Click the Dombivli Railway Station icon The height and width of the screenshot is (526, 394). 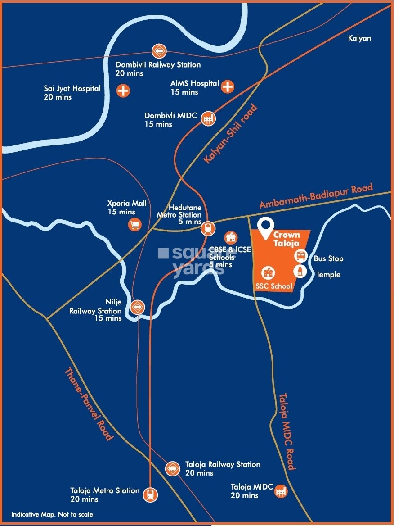(x=158, y=51)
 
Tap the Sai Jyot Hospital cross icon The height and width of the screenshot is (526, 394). (x=123, y=91)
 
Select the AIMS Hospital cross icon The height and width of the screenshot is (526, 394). (x=228, y=86)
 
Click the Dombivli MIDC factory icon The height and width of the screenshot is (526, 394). (x=208, y=118)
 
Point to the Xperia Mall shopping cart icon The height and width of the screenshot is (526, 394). (x=134, y=224)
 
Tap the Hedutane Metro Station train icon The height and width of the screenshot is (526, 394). (x=207, y=228)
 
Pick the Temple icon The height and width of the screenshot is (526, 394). (x=300, y=271)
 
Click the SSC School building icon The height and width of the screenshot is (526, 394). (x=268, y=273)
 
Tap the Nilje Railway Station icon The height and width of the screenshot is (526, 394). (x=137, y=307)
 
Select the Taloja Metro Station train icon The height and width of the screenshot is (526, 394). (x=150, y=494)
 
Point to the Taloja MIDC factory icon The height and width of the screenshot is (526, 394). (x=281, y=491)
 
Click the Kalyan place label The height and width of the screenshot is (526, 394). (x=359, y=38)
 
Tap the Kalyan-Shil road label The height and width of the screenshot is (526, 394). (x=230, y=134)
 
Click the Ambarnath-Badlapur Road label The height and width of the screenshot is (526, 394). (x=316, y=196)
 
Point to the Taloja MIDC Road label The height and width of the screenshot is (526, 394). (x=287, y=431)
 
